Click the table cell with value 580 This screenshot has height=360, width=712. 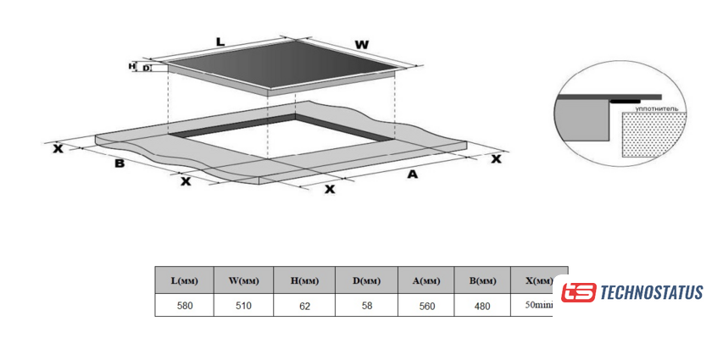pos(184,306)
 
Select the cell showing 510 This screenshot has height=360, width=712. pos(243,306)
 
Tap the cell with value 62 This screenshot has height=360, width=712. pos(304,306)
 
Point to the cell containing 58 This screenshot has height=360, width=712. pos(366,306)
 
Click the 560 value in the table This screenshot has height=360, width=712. pos(426,306)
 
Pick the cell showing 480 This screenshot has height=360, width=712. pos(481,306)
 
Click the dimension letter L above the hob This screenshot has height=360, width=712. pos(220,40)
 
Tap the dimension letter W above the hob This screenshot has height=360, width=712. pos(362,43)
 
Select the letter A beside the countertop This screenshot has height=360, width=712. pos(413,174)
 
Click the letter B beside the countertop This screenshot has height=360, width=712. pos(120,163)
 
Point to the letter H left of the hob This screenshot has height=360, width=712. pos(131,65)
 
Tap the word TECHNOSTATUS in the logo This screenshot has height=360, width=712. pos(652,293)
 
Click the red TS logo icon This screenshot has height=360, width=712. pos(579,293)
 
